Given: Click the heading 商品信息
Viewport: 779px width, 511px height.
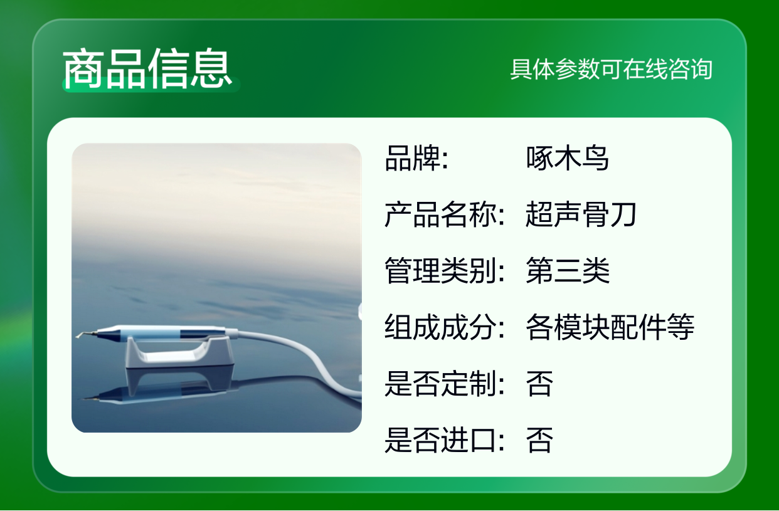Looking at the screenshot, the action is (147, 68).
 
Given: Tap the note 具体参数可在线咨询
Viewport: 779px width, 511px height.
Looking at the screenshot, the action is (611, 69).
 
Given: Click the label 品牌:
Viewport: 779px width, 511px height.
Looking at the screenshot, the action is (416, 158).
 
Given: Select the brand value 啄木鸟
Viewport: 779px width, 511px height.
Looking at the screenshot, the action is (567, 158).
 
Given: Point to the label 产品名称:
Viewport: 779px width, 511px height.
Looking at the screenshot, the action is (445, 214).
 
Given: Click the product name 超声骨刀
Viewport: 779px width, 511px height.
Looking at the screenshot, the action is (581, 214).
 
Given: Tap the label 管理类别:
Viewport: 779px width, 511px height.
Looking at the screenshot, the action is (445, 270).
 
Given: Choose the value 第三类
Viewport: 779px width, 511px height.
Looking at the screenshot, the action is (568, 270).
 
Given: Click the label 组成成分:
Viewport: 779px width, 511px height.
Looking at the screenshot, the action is (445, 327).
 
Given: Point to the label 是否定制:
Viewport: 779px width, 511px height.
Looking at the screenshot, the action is (445, 383).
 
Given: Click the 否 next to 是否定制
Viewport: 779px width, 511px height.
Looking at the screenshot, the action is (539, 383).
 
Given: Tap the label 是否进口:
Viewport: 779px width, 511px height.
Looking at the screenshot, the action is (445, 440).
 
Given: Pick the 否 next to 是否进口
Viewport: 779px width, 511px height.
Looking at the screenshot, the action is (539, 440).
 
